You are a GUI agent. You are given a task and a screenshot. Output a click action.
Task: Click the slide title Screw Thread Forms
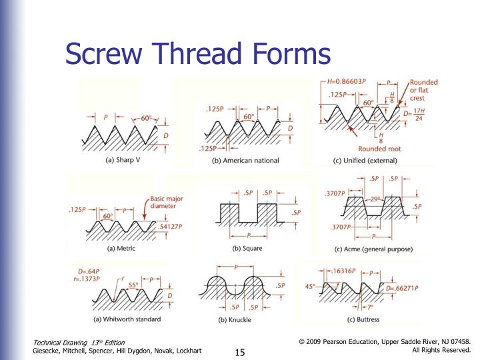pos(197,53)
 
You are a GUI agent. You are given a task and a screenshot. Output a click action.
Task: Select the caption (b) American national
pos(245,161)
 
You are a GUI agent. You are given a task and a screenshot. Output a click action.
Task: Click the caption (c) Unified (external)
pos(365,161)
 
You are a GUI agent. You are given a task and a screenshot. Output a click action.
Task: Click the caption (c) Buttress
pos(364,319)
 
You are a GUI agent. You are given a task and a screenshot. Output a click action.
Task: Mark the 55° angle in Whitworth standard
pos(133,285)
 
